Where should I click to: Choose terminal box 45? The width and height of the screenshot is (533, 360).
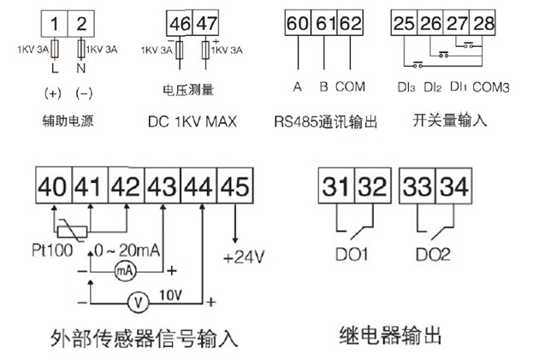tap(235, 183)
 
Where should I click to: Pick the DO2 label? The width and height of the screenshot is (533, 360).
tap(437, 255)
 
